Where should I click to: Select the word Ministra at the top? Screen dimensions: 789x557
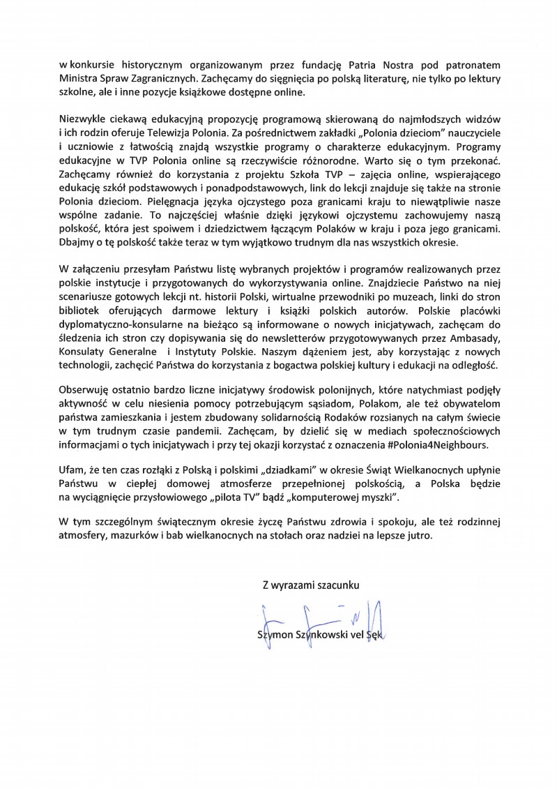click(x=79, y=79)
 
